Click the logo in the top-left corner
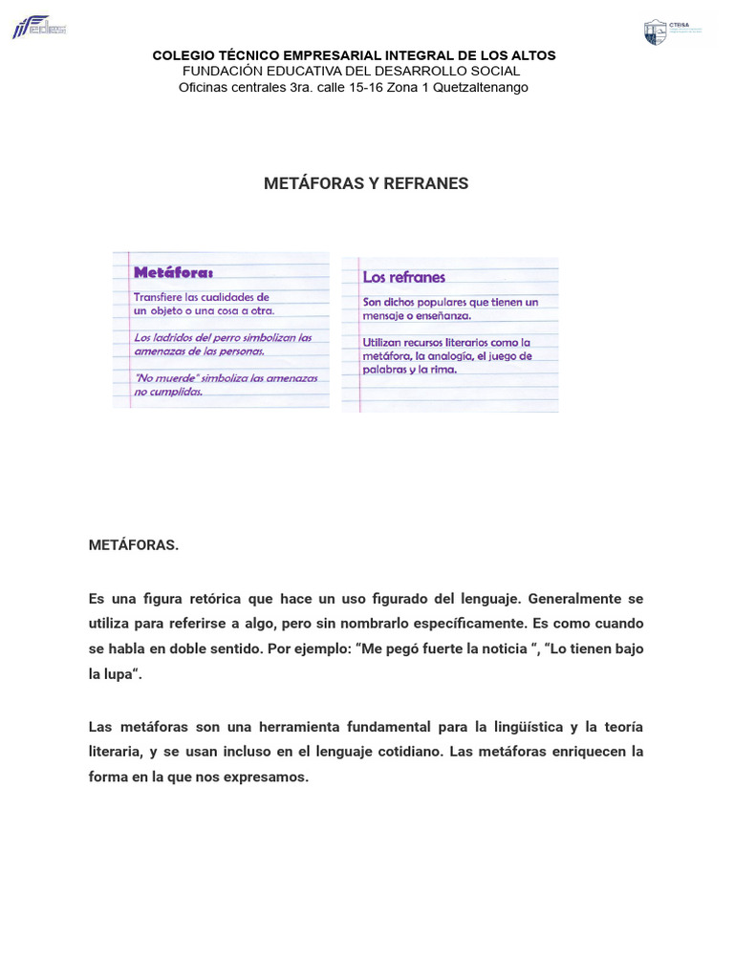tap(38, 27)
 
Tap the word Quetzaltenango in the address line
tap(481, 87)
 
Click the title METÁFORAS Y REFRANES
tap(366, 183)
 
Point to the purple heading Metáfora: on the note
tap(173, 272)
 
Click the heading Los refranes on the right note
tap(403, 277)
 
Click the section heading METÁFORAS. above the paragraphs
tap(133, 545)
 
